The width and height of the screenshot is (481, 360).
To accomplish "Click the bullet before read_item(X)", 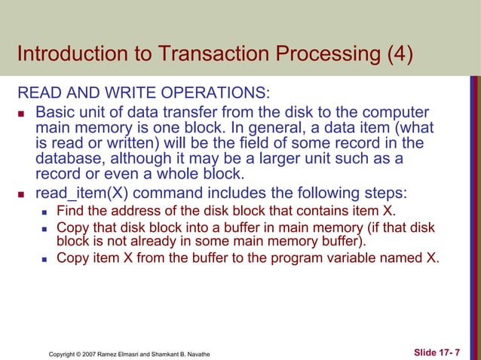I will [x=22, y=192].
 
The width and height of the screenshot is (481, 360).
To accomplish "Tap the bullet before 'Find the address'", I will [x=44, y=210].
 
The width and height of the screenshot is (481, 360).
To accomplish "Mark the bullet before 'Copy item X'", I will [x=44, y=258].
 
